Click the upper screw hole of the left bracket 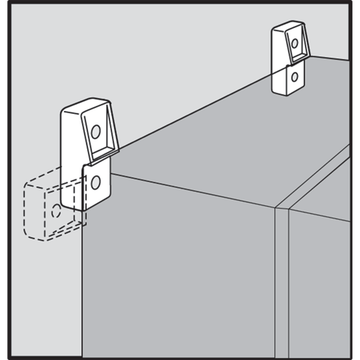point(96,130)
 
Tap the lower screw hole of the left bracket point(96,183)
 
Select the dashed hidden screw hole point(56,209)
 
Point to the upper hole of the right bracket point(295,44)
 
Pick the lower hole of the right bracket point(295,76)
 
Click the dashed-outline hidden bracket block point(49,211)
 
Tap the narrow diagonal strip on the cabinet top point(316,176)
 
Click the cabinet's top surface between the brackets point(211,141)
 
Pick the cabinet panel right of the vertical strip point(320,281)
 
